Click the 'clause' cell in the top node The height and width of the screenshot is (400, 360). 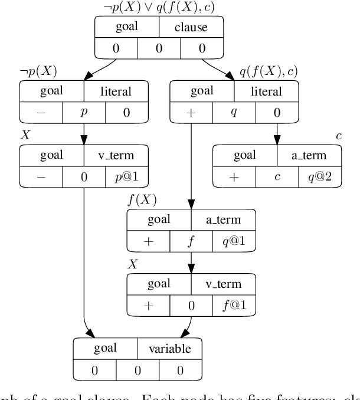pyautogui.click(x=191, y=27)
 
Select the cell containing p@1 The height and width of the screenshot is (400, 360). pyautogui.click(x=127, y=176)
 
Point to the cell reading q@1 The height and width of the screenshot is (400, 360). pyautogui.click(x=234, y=241)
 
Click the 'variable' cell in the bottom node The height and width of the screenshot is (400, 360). pyautogui.click(x=169, y=349)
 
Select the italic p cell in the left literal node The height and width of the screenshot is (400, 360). pyautogui.click(x=84, y=113)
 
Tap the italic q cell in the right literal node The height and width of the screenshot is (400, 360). pyautogui.click(x=234, y=113)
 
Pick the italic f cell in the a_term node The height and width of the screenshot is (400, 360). pyautogui.click(x=191, y=241)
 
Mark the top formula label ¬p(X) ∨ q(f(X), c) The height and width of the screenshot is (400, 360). pyautogui.click(x=159, y=8)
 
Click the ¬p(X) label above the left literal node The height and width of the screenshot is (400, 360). pyautogui.click(x=38, y=72)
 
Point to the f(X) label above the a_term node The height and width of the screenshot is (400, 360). pyautogui.click(x=142, y=200)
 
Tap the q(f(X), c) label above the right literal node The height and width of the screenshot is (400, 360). pyautogui.click(x=269, y=72)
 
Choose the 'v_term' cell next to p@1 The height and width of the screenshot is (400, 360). pyautogui.click(x=116, y=156)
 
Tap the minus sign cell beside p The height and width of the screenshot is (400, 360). pyautogui.click(x=41, y=113)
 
